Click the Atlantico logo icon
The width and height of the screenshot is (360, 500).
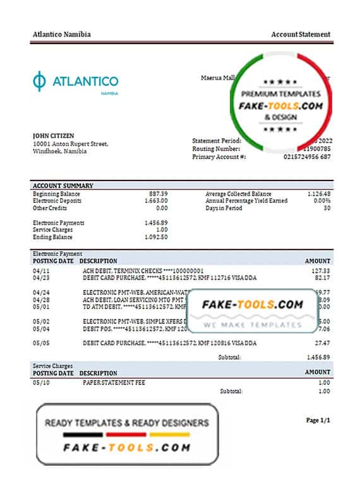(x=39, y=81)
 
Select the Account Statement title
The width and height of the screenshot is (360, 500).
(x=300, y=34)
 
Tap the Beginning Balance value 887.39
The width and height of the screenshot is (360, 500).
(x=159, y=193)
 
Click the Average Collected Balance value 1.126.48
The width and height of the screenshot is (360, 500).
(x=316, y=193)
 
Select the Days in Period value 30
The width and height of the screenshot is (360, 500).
(x=325, y=208)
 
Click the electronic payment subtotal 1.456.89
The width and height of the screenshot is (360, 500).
(x=317, y=357)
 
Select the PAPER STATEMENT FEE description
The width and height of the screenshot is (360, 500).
(x=108, y=383)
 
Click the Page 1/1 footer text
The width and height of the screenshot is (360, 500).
(x=318, y=420)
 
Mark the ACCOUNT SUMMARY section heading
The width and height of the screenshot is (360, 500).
(x=63, y=186)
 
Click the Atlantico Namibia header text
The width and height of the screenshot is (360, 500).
(x=61, y=34)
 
